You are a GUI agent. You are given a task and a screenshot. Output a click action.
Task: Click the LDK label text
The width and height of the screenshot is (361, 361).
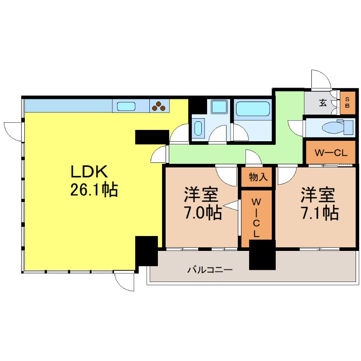tap(89, 171)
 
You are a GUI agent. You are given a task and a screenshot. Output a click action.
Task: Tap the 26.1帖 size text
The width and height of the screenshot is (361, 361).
tap(94, 189)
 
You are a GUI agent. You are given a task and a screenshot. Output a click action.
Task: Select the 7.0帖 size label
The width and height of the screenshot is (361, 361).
tap(203, 212)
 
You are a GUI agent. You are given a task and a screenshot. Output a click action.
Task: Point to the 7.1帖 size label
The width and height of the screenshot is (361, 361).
tap(320, 213)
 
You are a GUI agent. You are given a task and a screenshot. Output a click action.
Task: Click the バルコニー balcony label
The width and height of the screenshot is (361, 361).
tap(210, 269)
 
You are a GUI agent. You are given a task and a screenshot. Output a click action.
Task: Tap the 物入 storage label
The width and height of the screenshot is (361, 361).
tap(258, 177)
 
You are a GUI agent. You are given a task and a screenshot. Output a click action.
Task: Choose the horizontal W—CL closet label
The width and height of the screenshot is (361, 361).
tap(331, 153)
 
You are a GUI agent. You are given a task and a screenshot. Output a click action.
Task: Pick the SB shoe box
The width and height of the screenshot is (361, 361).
tap(347, 103)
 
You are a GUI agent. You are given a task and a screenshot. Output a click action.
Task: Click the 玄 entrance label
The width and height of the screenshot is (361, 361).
tap(323, 102)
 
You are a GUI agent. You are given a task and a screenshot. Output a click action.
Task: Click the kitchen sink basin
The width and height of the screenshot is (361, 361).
tap(126, 106)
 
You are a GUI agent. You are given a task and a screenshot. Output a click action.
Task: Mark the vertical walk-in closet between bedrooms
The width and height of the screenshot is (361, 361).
tap(256, 218)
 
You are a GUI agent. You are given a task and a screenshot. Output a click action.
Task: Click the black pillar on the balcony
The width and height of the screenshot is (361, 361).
tap(262, 255)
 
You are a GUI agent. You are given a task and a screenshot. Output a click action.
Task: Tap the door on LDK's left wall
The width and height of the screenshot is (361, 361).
tap(13, 132)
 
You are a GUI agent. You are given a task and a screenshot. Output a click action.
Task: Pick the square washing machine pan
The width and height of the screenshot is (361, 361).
tap(219, 106)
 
